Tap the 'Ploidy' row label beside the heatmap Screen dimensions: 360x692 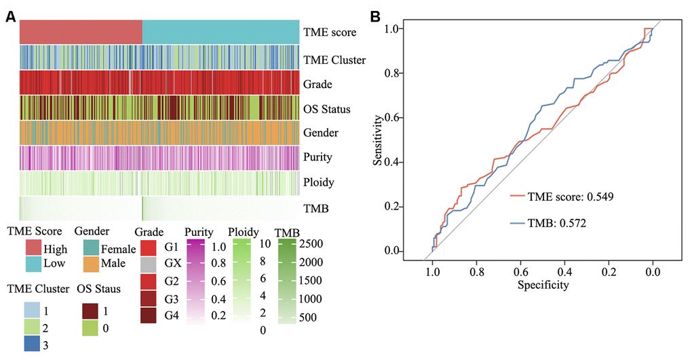322,183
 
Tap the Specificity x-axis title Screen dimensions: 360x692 542,285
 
